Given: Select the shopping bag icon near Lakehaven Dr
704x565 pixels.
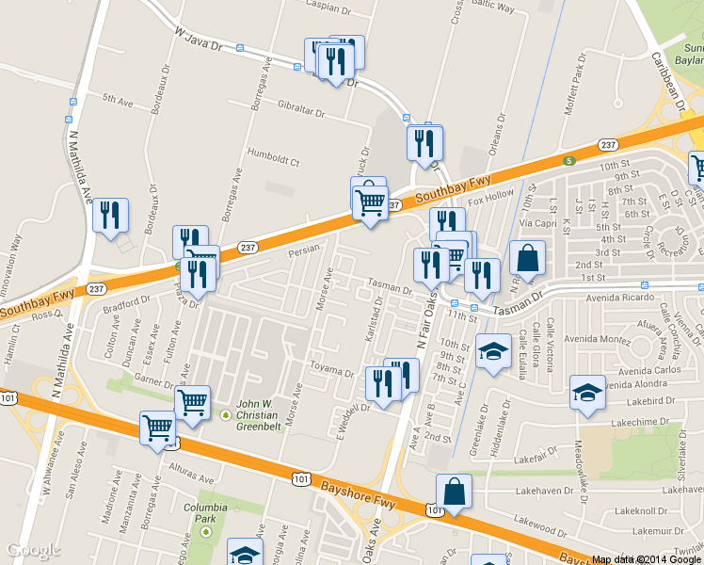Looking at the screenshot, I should (454, 491).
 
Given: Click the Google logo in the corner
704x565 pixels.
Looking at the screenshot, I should (33, 551).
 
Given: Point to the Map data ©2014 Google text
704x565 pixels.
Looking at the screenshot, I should (646, 559).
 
